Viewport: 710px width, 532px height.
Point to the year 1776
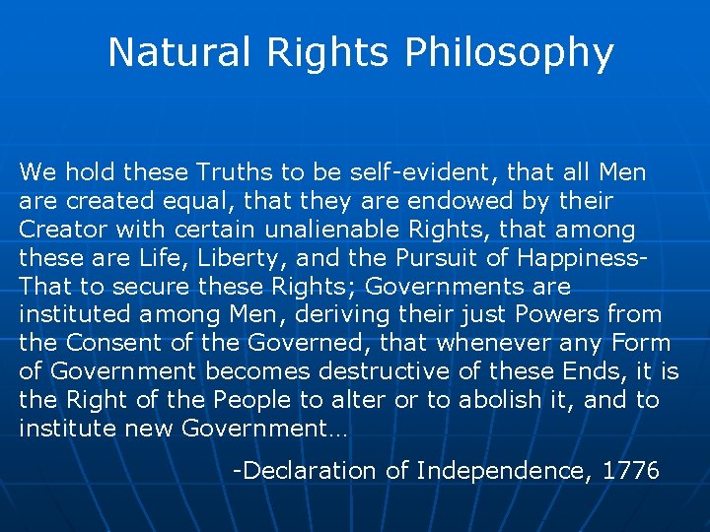coord(631,471)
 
